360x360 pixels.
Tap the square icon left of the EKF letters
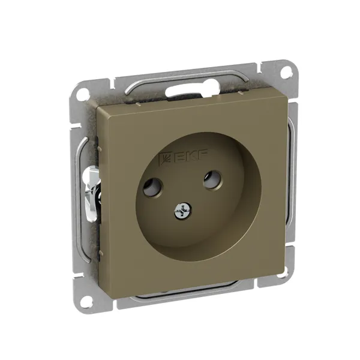click(166, 158)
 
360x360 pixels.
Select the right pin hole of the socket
click(213, 179)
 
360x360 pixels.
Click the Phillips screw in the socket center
click(183, 210)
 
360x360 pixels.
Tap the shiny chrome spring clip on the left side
click(91, 193)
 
